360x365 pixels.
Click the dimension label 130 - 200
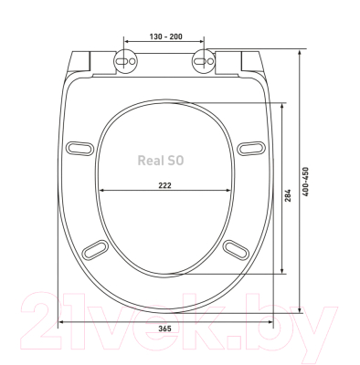(166, 36)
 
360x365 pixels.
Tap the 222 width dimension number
(164, 185)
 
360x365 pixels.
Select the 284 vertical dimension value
(288, 195)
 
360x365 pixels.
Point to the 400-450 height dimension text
(306, 182)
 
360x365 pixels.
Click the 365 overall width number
(164, 328)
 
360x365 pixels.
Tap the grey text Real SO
(161, 161)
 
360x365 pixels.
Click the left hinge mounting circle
(125, 61)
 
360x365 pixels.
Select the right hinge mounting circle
(204, 61)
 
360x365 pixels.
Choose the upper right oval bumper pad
(251, 148)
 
